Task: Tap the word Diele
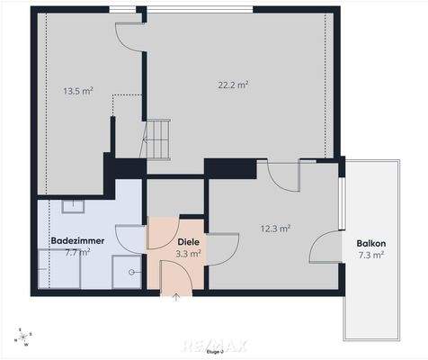pyautogui.click(x=188, y=242)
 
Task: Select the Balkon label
pyautogui.click(x=370, y=243)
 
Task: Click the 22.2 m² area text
pyautogui.click(x=233, y=85)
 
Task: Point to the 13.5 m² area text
pyautogui.click(x=79, y=91)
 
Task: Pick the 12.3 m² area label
pyautogui.click(x=275, y=229)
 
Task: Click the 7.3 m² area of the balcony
pyautogui.click(x=370, y=255)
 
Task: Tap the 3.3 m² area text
pyautogui.click(x=188, y=254)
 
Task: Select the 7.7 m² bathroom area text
pyautogui.click(x=77, y=253)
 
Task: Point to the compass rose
pyautogui.click(x=22, y=337)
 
